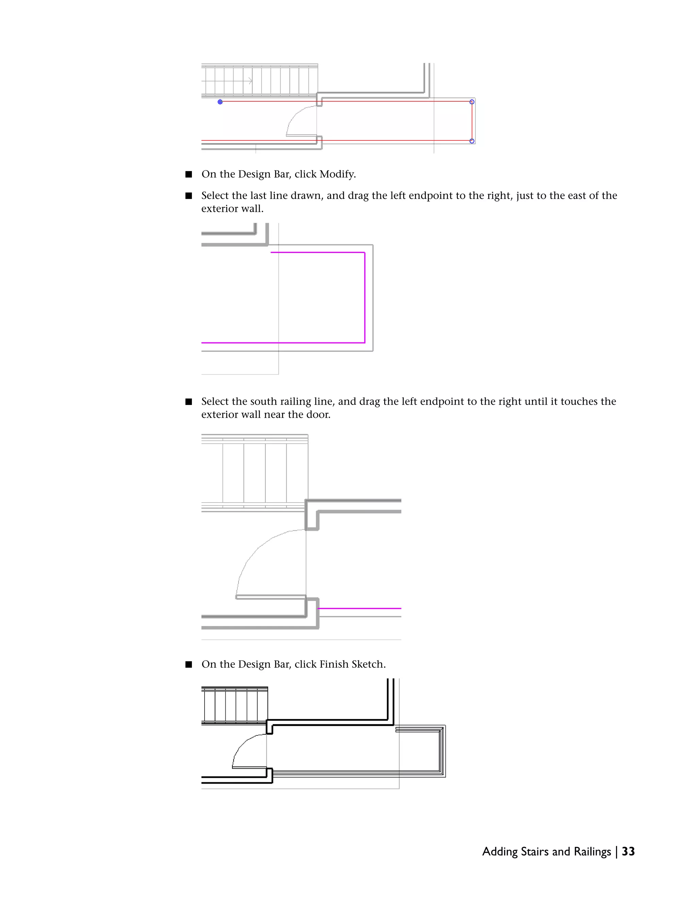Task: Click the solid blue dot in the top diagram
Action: click(220, 102)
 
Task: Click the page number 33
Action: click(628, 851)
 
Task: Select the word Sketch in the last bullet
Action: click(368, 664)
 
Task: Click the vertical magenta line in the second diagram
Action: click(364, 297)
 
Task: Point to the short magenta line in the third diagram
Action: click(359, 608)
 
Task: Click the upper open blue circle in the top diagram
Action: click(472, 102)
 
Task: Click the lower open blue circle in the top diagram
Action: click(472, 141)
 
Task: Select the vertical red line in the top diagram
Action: click(472, 122)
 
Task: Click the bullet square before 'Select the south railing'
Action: click(189, 402)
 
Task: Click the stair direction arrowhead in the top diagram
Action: click(250, 81)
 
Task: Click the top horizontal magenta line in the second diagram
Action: click(317, 252)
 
